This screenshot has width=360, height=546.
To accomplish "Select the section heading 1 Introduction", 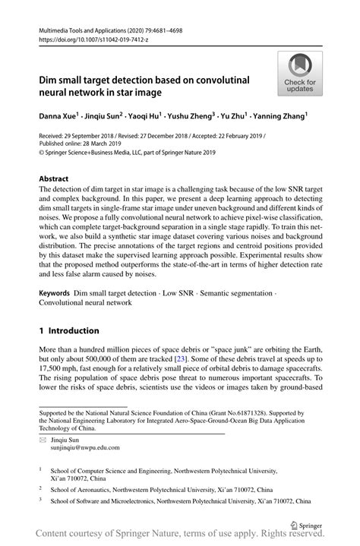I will coord(69,330).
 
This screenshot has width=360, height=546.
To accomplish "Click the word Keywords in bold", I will coord(54,292).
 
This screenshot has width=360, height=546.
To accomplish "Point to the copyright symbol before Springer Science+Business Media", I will coord(42,151).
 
